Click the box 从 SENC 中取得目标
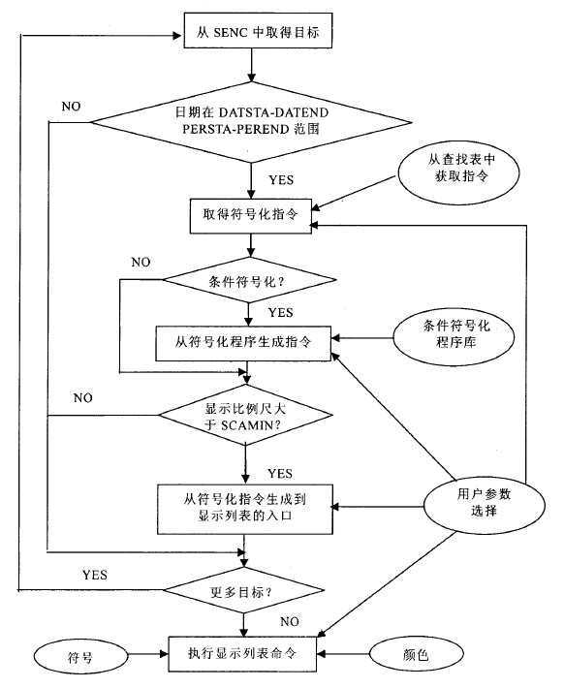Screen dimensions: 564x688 (258, 30)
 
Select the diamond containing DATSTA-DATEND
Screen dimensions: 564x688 (251, 122)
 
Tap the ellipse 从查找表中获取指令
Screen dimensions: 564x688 (458, 172)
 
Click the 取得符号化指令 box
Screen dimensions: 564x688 (251, 216)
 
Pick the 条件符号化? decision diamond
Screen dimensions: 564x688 (249, 280)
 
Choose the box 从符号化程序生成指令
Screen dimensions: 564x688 (243, 344)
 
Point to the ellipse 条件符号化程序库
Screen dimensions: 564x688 (454, 337)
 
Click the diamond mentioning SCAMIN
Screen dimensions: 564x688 (245, 415)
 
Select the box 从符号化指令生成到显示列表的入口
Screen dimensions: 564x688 (245, 509)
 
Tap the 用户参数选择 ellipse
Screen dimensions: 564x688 (485, 505)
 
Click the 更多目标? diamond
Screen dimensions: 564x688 (243, 590)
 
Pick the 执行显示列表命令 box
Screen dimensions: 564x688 (242, 654)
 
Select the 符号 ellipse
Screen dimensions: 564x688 (80, 656)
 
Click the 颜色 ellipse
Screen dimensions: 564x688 (417, 655)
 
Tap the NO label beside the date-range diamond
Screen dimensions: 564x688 (71, 107)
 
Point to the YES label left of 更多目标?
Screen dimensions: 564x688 (95, 575)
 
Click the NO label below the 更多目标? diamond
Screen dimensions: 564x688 (290, 622)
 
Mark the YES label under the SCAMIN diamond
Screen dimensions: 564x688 (280, 474)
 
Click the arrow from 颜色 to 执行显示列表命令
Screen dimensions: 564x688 (343, 654)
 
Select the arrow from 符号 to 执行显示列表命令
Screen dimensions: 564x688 (148, 654)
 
